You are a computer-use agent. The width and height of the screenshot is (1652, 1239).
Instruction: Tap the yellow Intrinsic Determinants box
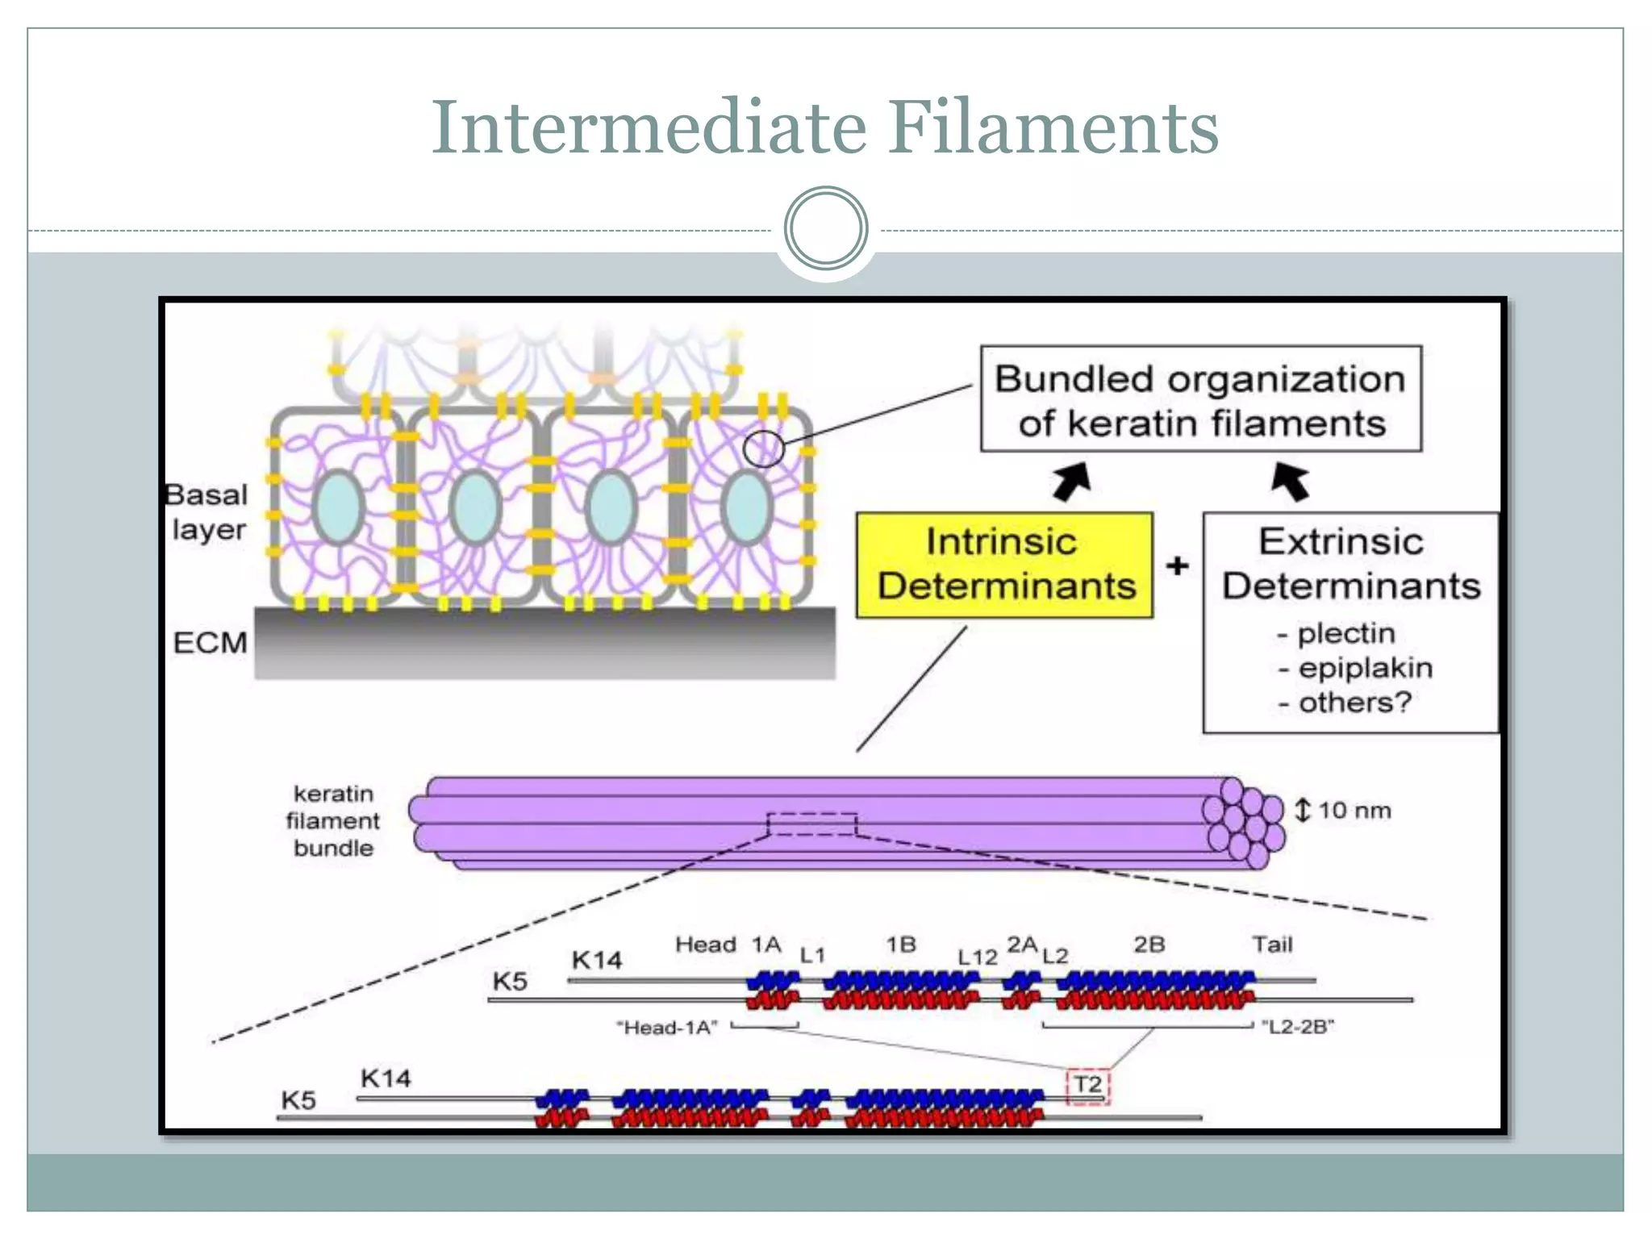tap(1004, 565)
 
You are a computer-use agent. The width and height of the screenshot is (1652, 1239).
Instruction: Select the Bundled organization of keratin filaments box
tap(1200, 399)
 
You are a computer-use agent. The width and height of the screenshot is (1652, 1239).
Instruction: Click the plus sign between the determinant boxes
tap(1178, 565)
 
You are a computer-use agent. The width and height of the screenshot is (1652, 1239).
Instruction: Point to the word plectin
tap(1345, 634)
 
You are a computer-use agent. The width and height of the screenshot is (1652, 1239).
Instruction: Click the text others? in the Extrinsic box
tap(1354, 703)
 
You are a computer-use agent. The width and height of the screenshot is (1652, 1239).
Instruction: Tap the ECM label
tap(210, 643)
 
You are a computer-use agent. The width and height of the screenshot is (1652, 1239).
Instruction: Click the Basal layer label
tap(207, 512)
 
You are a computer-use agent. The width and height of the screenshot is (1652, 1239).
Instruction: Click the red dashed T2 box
tap(1088, 1086)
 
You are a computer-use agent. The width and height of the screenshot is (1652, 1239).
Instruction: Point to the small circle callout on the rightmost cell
tap(763, 448)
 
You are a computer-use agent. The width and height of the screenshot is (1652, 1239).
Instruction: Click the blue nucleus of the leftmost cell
tap(337, 507)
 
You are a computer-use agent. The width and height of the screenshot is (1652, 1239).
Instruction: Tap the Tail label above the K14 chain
tap(1272, 945)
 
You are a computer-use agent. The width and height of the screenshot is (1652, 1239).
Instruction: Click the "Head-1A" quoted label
tap(666, 1028)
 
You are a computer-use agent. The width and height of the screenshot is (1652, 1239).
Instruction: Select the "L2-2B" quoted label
tap(1297, 1027)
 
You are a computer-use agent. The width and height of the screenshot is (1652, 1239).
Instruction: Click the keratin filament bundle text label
tap(333, 820)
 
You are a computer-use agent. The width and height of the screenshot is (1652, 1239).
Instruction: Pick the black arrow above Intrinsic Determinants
tap(1073, 482)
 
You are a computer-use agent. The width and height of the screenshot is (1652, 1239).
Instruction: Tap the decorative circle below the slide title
tap(825, 228)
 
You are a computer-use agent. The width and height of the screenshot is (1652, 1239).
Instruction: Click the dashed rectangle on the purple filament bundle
tap(811, 824)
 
